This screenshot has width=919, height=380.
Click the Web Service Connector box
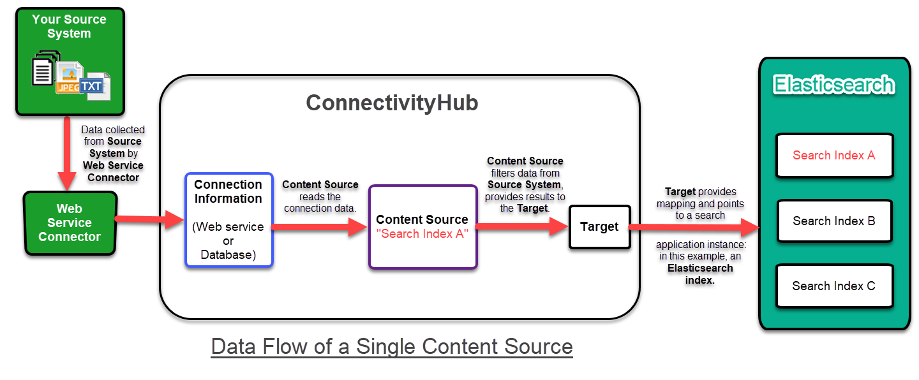point(70,223)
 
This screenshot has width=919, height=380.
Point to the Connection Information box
point(228,219)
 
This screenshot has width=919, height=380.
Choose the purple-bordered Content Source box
point(422,226)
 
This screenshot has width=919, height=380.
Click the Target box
point(599,227)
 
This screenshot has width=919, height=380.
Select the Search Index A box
point(833,155)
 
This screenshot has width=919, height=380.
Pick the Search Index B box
point(833,221)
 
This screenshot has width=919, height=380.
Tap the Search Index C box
point(833,286)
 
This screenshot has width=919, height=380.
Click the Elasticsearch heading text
point(834,85)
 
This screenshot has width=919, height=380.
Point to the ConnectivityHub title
point(392,103)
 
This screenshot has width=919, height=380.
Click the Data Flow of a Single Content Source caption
point(392,346)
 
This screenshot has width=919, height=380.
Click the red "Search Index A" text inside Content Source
point(422,234)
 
